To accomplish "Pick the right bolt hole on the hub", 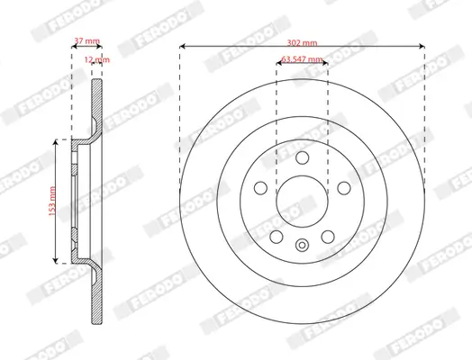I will tap(343, 187).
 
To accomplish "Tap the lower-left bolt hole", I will tap(275, 238).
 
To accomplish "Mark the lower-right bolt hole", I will tap(327, 238).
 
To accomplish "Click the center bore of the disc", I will tap(301, 200).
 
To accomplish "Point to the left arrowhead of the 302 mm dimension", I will tap(182, 45).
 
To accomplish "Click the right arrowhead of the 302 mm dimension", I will tap(421, 45).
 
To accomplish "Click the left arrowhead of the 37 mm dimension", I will tap(73, 45).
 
